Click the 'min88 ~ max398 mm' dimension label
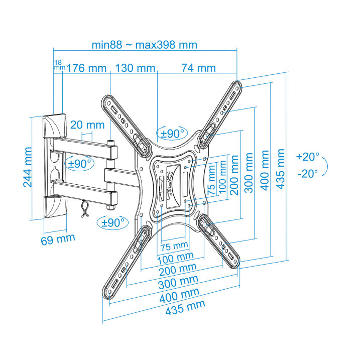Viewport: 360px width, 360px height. point(145,45)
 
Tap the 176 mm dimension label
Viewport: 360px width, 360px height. point(86,68)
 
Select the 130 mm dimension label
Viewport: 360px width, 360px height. point(135,68)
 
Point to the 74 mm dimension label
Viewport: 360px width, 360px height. point(199,68)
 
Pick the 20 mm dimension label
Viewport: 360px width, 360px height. point(87,125)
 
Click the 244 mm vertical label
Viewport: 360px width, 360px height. point(28,167)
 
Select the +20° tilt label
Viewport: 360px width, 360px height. point(308,157)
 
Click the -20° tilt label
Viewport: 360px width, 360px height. point(308,174)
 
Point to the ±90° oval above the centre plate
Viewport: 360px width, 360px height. point(172,133)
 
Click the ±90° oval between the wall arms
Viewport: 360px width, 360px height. point(79,164)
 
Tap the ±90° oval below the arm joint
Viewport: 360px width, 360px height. point(113,222)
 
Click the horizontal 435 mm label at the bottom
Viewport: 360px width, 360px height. point(185,308)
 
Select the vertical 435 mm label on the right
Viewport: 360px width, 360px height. point(280,169)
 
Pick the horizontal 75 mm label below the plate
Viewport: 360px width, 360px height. point(174,246)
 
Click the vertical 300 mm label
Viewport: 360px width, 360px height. point(249,173)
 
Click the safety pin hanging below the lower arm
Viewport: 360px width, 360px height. point(85,208)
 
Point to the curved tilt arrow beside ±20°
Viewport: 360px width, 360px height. point(325,167)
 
